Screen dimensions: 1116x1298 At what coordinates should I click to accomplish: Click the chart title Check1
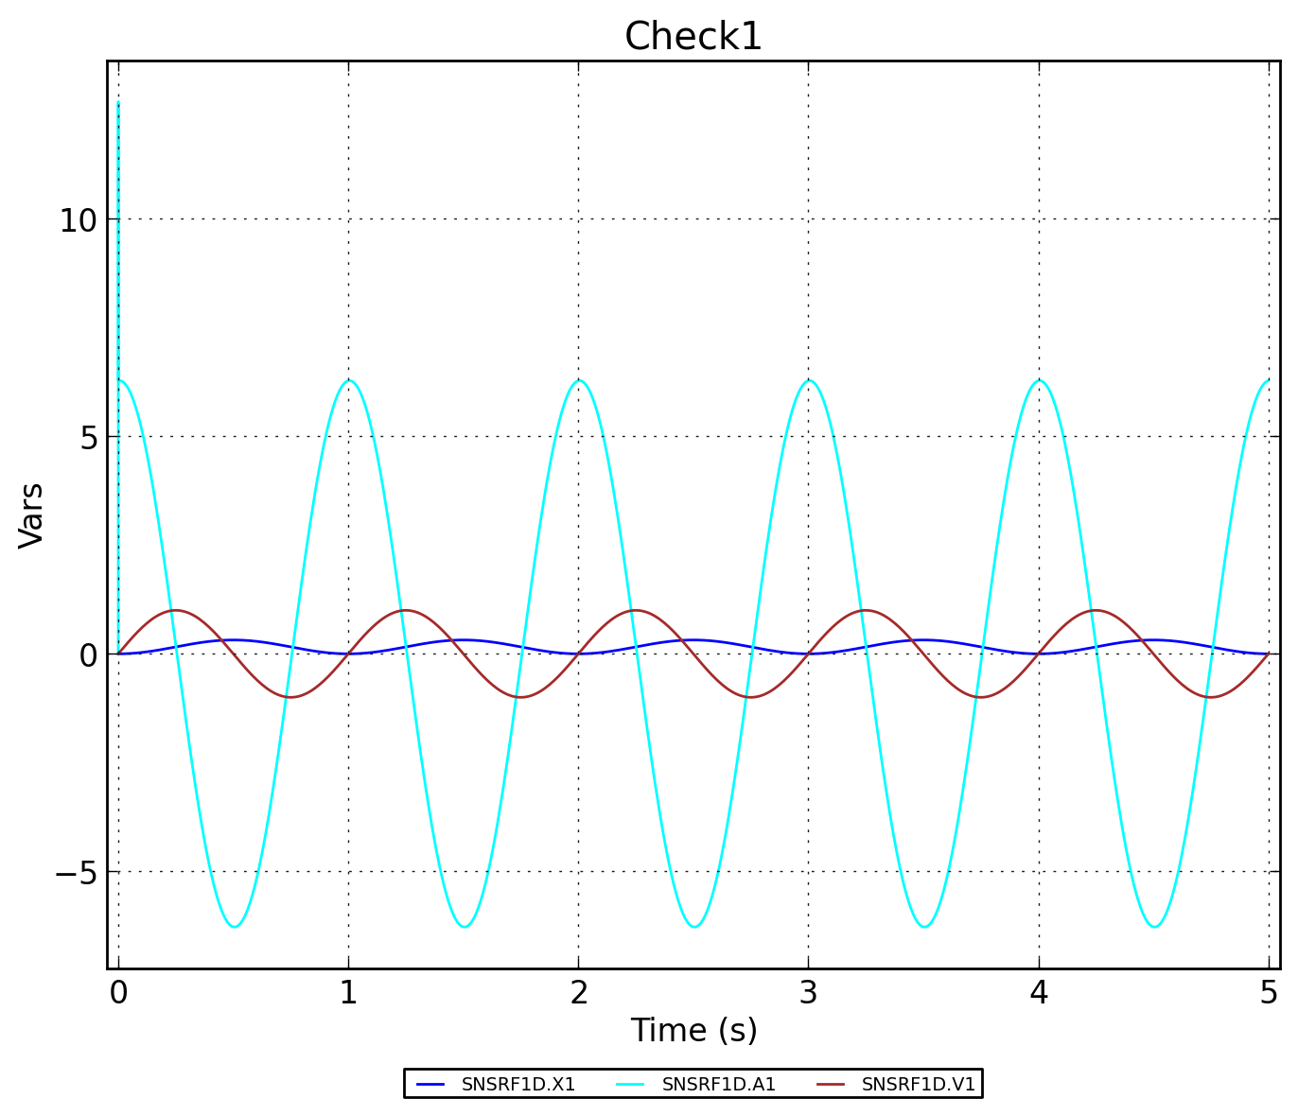click(693, 37)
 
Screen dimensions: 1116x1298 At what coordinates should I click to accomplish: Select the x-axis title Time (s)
click(693, 1030)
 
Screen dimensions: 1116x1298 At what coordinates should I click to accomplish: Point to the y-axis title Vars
click(31, 514)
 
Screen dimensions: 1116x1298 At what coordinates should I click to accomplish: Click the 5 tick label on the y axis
click(87, 438)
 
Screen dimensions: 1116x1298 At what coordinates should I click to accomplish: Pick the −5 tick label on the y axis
click(76, 873)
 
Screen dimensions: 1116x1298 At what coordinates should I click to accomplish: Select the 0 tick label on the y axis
click(88, 655)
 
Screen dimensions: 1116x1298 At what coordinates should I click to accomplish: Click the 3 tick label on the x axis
click(808, 993)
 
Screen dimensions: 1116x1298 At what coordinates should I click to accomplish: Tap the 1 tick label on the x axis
click(348, 993)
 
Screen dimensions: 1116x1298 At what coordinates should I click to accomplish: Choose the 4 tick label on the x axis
click(1039, 993)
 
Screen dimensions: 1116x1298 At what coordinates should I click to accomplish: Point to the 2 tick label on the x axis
click(578, 993)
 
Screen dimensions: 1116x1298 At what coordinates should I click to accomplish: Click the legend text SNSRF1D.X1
click(517, 1085)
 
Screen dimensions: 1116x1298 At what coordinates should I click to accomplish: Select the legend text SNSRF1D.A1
click(718, 1085)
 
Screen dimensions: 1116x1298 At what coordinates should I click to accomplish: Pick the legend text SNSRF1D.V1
click(918, 1085)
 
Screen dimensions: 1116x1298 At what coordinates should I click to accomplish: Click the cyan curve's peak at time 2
click(578, 380)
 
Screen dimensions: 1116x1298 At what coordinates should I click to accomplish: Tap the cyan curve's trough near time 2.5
click(693, 927)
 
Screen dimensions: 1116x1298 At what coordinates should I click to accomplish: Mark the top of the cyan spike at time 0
click(118, 102)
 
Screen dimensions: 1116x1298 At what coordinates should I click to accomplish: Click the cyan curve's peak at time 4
click(1039, 380)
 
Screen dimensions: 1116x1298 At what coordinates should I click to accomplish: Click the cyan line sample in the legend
click(630, 1085)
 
